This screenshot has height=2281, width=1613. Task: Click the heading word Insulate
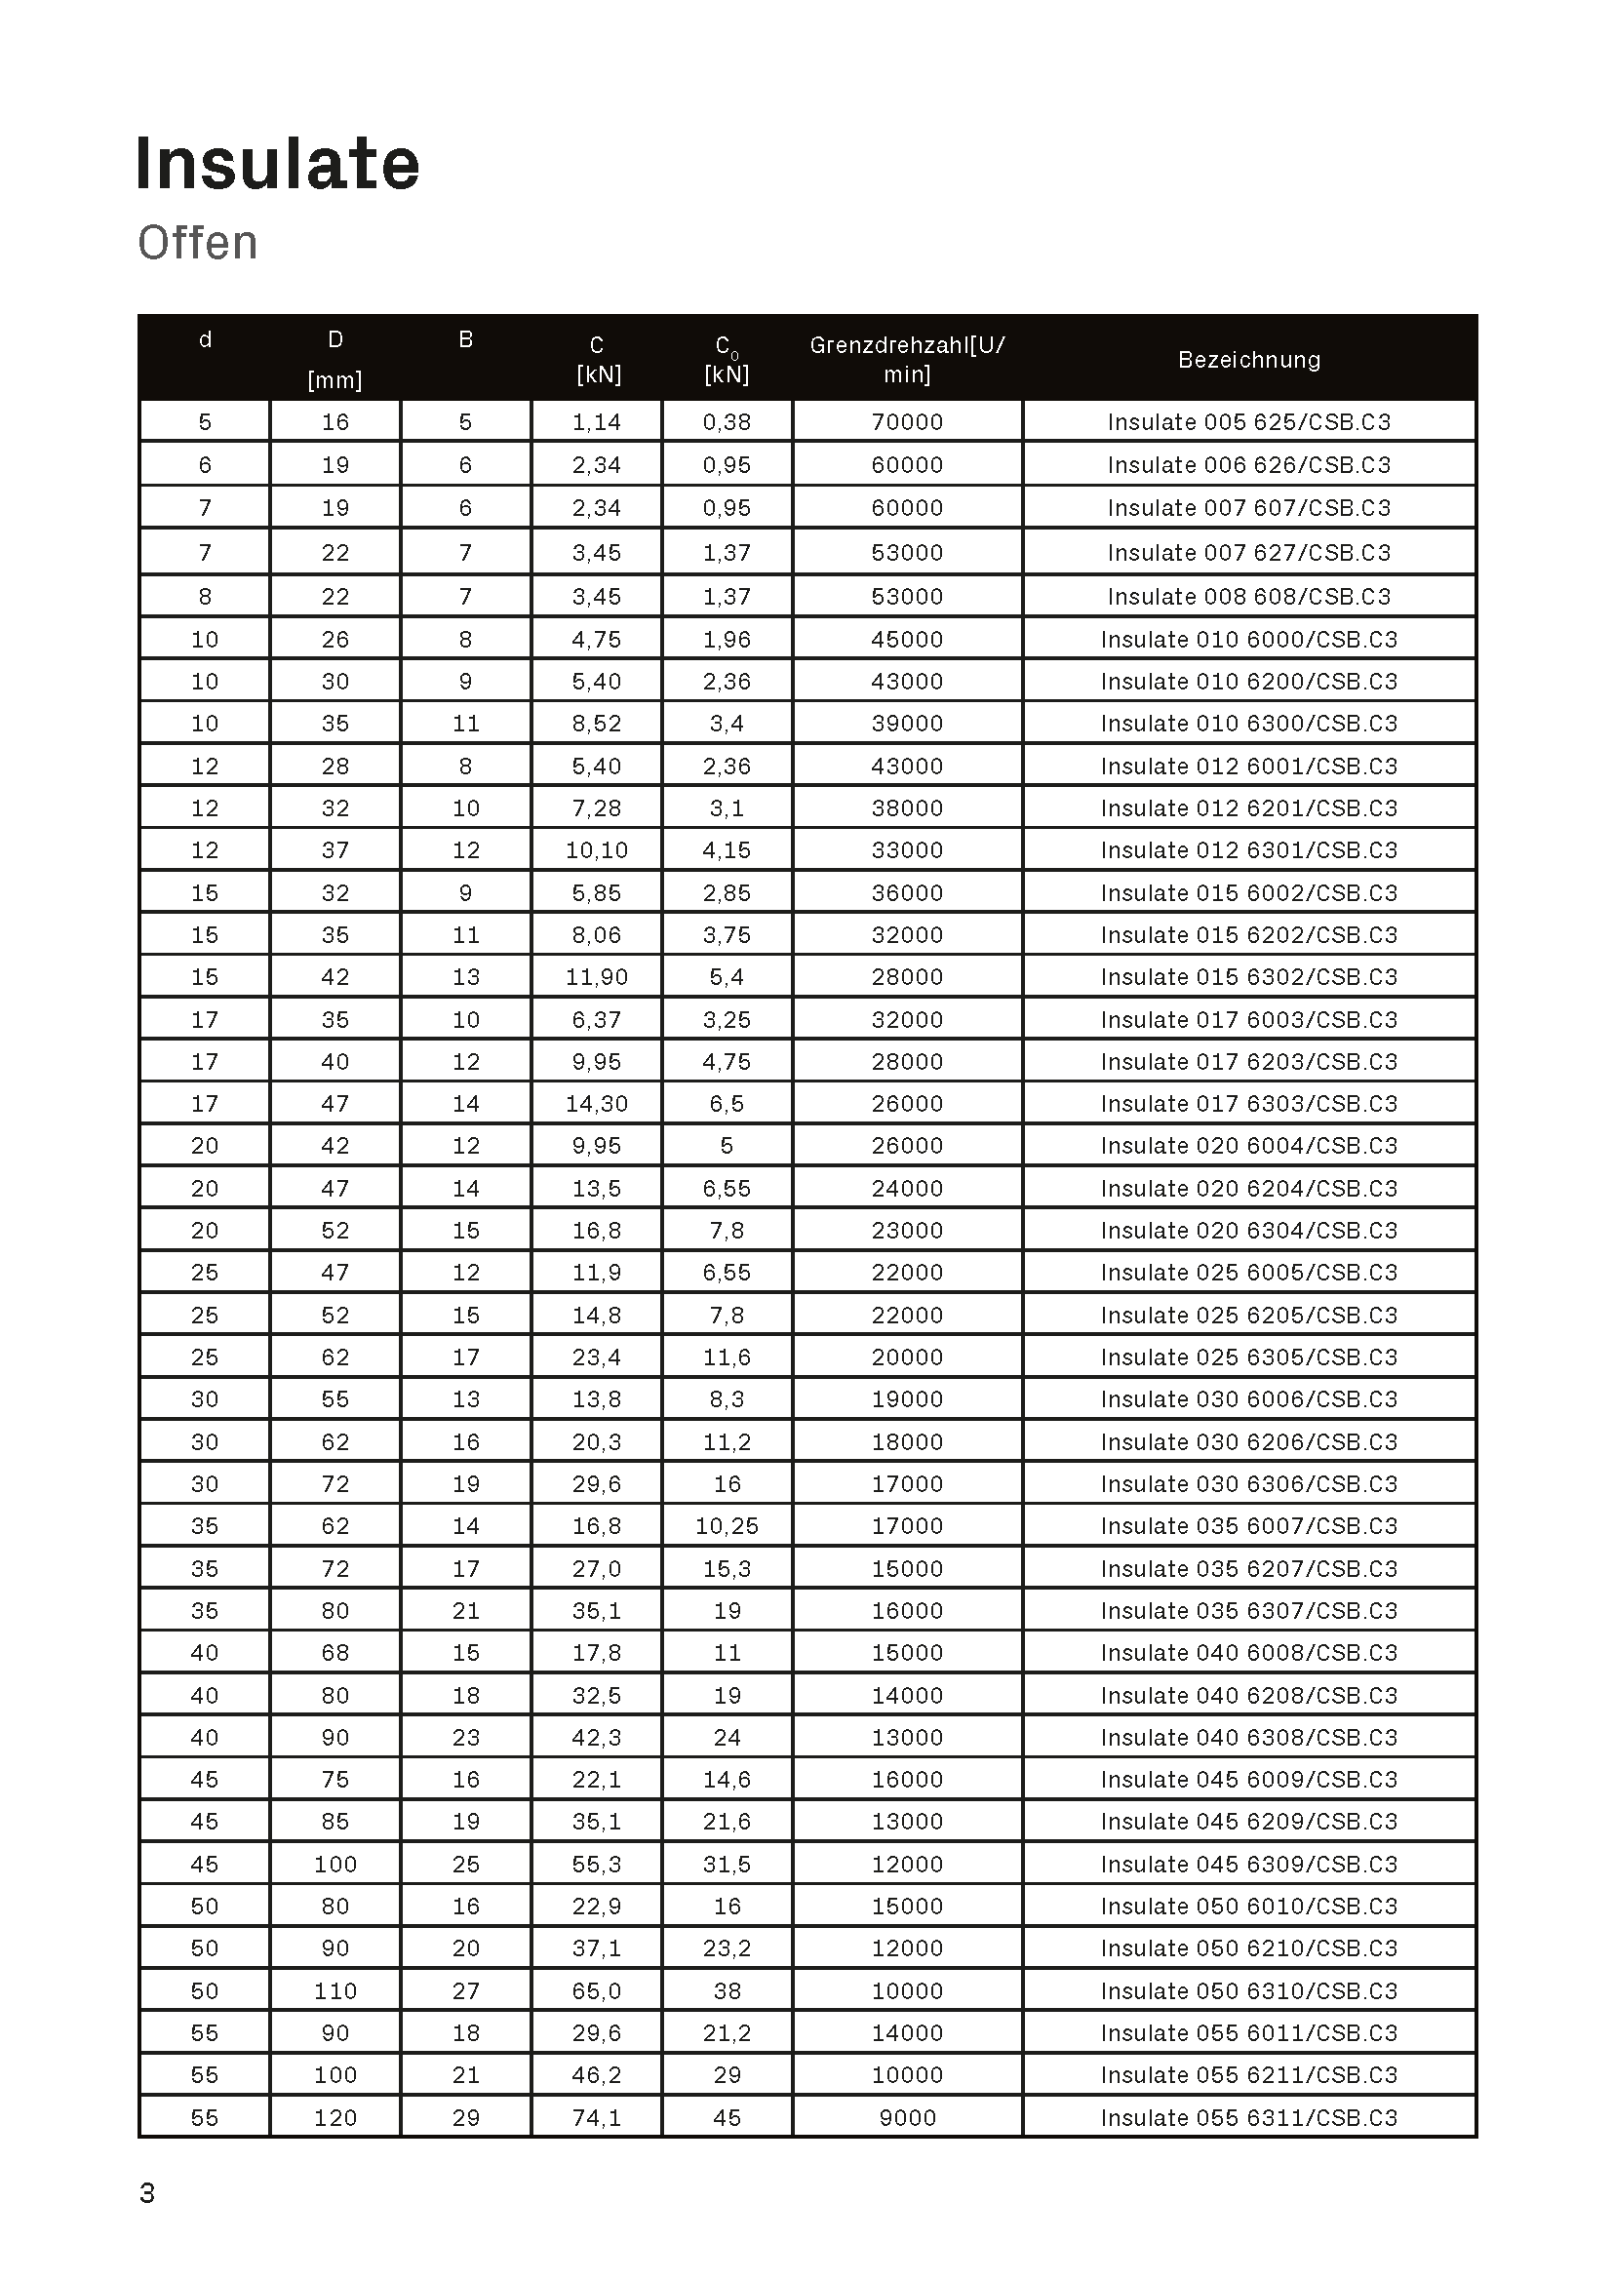click(277, 164)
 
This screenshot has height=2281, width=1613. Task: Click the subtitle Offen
click(198, 244)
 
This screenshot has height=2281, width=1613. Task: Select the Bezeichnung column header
click(1248, 360)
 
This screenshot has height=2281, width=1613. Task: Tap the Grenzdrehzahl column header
click(907, 359)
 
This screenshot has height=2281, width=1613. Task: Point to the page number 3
click(147, 2192)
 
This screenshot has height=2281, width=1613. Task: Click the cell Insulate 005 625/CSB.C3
click(1248, 422)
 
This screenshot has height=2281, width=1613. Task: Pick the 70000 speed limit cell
click(907, 422)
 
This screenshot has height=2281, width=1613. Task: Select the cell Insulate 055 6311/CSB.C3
click(1248, 2117)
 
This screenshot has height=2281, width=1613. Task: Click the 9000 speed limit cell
click(907, 2117)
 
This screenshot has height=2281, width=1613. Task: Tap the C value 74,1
click(596, 2117)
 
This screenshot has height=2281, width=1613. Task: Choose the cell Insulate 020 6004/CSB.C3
click(1248, 1146)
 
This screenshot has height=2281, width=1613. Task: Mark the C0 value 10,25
click(727, 1526)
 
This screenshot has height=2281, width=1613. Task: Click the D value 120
click(334, 2117)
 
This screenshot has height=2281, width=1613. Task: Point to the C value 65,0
click(596, 1991)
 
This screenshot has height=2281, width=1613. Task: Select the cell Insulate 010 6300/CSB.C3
click(1248, 724)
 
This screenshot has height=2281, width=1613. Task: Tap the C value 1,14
click(596, 422)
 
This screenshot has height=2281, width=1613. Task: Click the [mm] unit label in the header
click(334, 380)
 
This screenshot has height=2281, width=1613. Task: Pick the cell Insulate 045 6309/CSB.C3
click(1248, 1864)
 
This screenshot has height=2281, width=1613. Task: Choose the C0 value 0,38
click(727, 422)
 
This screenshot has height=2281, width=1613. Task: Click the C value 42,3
click(596, 1737)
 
